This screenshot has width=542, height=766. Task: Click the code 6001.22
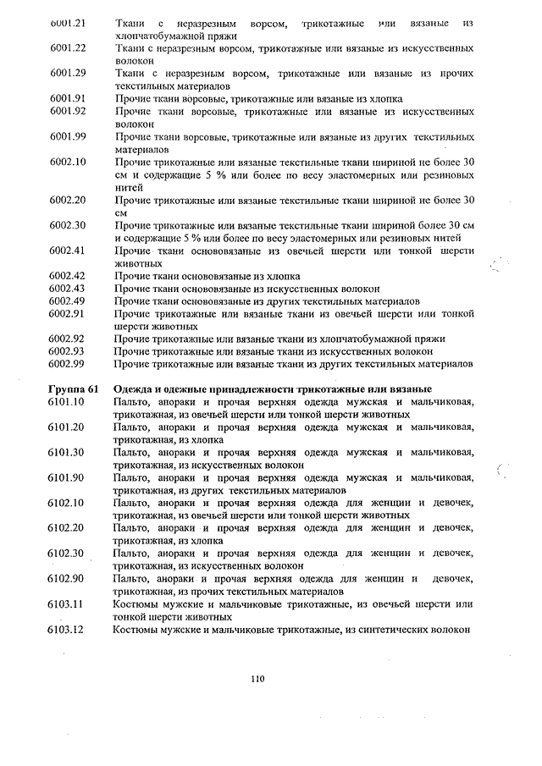coord(69,47)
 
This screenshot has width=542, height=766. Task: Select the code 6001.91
coord(69,98)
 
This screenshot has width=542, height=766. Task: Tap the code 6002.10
coord(69,162)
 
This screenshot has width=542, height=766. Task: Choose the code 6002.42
coord(69,276)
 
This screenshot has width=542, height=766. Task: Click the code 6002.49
coord(69,301)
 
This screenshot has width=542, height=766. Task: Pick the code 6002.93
coord(69,351)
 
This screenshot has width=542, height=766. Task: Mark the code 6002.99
coord(69,364)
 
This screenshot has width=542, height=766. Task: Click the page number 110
coord(258,676)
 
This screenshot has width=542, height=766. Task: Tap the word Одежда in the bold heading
coord(135,389)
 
